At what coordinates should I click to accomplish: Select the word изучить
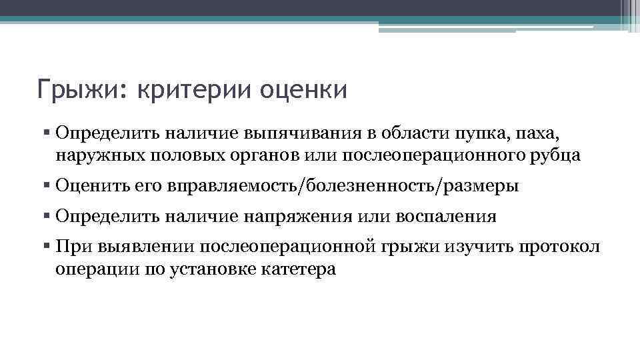pos(476,247)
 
